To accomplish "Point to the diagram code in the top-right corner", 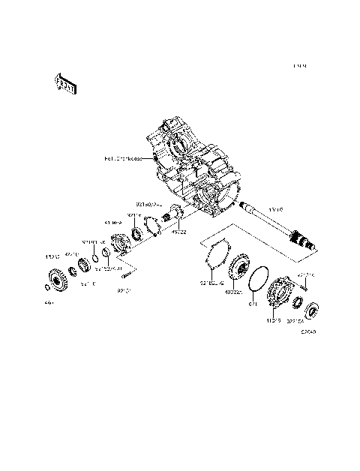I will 301,67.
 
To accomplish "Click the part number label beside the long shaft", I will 276,211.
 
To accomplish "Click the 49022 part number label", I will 179,232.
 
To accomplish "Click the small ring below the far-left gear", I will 47,288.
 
